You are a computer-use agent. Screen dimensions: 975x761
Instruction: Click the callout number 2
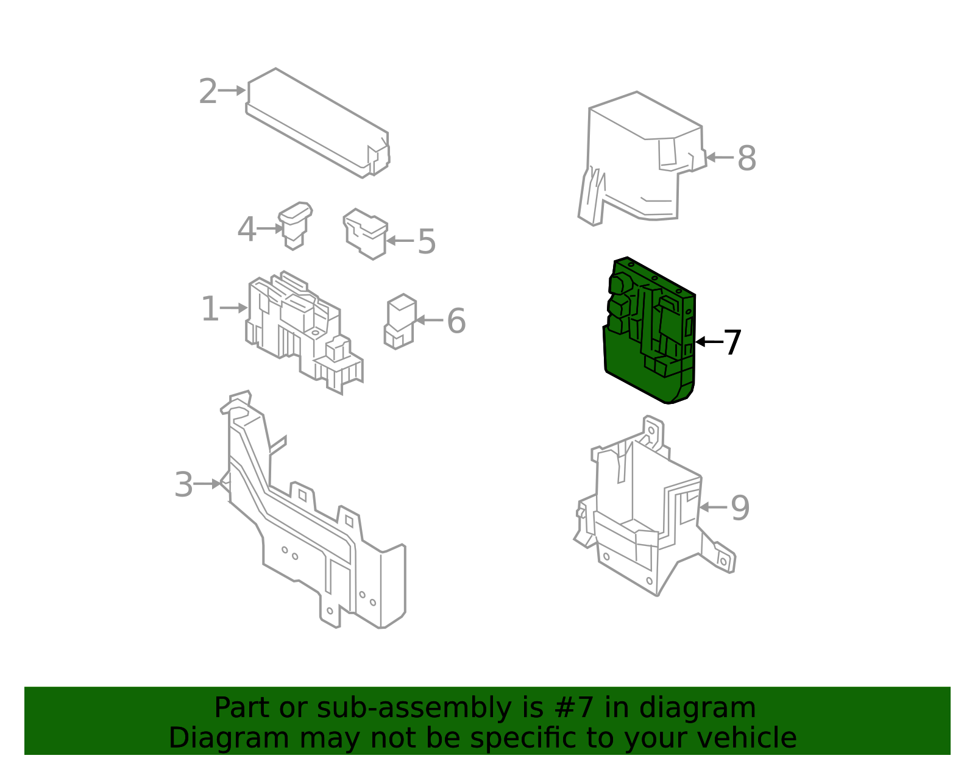click(208, 91)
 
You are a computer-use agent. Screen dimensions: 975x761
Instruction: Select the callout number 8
click(746, 159)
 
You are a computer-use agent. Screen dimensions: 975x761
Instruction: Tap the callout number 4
click(246, 230)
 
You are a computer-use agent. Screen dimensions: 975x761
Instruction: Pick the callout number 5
click(426, 242)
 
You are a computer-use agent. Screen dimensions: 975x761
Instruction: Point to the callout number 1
click(210, 309)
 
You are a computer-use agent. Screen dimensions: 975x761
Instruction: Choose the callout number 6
click(456, 321)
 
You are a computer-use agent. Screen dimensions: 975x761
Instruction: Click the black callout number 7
click(732, 342)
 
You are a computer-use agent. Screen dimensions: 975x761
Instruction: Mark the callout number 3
click(183, 485)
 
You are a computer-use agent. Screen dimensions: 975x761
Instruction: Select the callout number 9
click(740, 508)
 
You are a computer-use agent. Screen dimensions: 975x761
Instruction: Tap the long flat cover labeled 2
click(317, 123)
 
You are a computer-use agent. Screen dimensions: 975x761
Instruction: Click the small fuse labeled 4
click(295, 225)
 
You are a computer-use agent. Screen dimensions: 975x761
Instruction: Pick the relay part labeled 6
click(400, 322)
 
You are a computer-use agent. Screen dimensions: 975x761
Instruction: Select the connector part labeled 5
click(365, 234)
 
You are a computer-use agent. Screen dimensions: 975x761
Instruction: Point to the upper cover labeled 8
click(642, 158)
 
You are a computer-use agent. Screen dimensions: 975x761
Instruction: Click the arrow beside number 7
click(709, 342)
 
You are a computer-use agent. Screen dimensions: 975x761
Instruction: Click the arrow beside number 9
click(713, 507)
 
